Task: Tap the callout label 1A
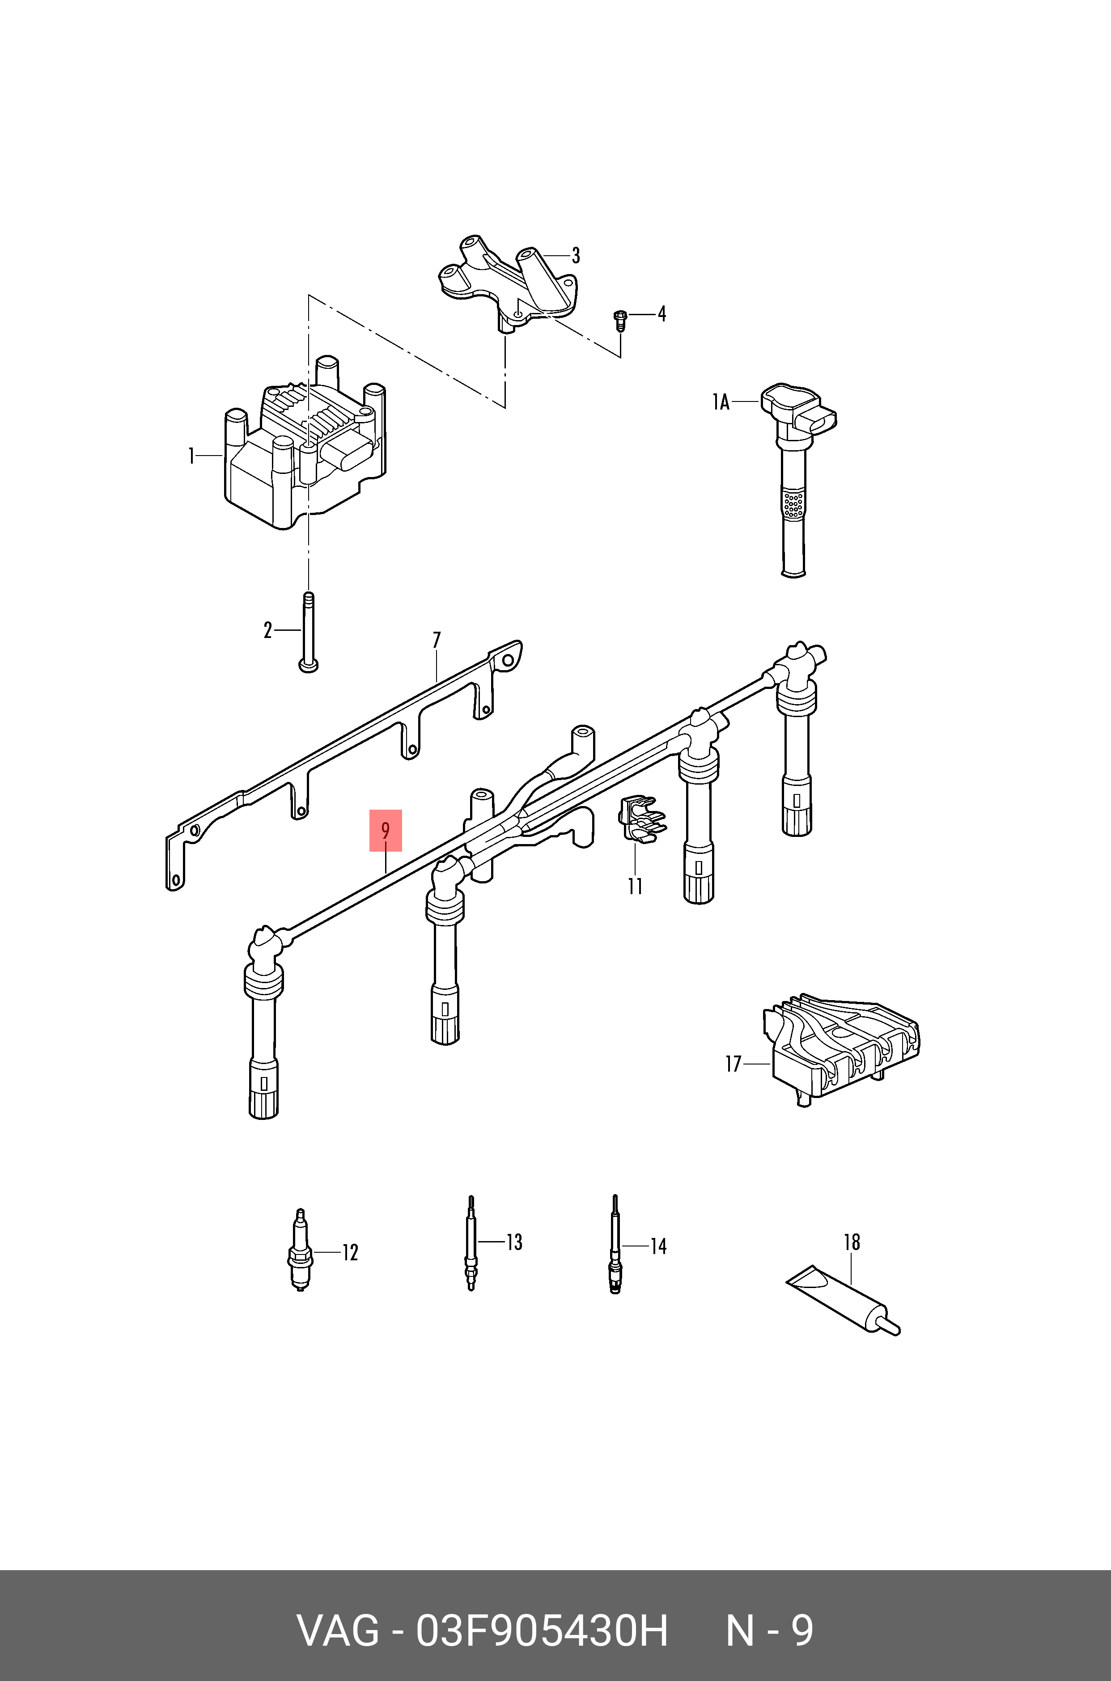click(721, 402)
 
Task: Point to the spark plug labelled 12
click(301, 1252)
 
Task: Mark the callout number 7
click(437, 640)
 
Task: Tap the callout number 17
click(733, 1064)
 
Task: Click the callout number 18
click(852, 1242)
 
